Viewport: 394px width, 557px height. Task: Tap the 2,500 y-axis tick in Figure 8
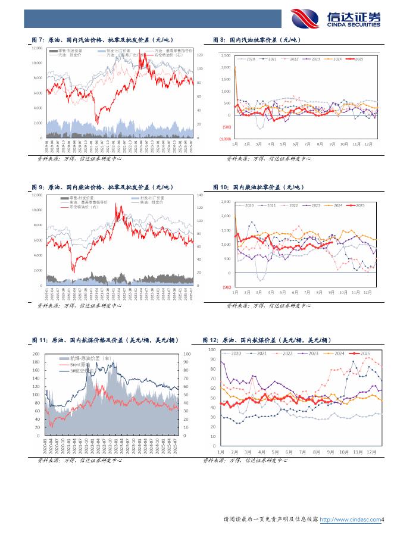(x=226, y=55)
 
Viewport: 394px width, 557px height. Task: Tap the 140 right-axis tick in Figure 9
(x=199, y=195)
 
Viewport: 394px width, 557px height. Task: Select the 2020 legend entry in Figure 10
(x=246, y=205)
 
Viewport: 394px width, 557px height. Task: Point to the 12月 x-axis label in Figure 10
(x=367, y=293)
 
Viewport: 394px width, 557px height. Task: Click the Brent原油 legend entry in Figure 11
(x=70, y=365)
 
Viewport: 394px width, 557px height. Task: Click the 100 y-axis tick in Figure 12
(x=213, y=349)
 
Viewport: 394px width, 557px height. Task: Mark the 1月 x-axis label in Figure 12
(x=221, y=452)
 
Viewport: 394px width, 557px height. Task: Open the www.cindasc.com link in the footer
(x=351, y=520)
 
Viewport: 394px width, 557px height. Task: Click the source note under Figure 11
(x=80, y=460)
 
